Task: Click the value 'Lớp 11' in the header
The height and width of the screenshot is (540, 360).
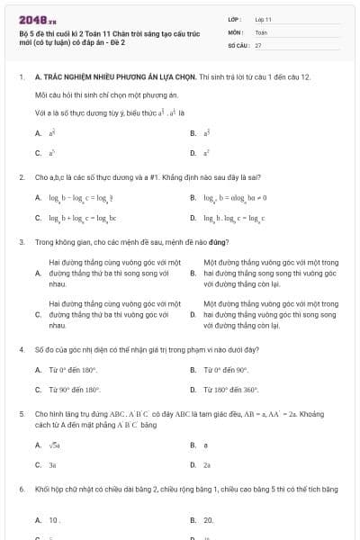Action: [x=264, y=18]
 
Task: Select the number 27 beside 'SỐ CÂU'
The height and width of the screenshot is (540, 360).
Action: [x=258, y=44]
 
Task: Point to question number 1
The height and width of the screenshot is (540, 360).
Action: [x=21, y=78]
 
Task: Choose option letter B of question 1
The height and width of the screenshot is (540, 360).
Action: [x=193, y=133]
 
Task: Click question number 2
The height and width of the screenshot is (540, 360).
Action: [x=21, y=177]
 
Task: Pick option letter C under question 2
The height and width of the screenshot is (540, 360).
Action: [x=38, y=218]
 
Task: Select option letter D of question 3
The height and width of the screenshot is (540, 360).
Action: [x=193, y=315]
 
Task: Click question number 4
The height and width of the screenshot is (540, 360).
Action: [x=21, y=348]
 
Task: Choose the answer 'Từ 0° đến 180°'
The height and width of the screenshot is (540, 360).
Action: [x=72, y=370]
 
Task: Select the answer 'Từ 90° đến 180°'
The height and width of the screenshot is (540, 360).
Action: [x=73, y=390]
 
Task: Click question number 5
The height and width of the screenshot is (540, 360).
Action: [x=21, y=416]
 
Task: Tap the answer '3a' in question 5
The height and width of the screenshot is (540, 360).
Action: [x=52, y=465]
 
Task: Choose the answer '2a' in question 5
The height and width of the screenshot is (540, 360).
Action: [x=207, y=465]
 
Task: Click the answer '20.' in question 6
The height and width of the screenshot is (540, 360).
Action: [x=208, y=520]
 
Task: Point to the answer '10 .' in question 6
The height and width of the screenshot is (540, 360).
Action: [x=54, y=520]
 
